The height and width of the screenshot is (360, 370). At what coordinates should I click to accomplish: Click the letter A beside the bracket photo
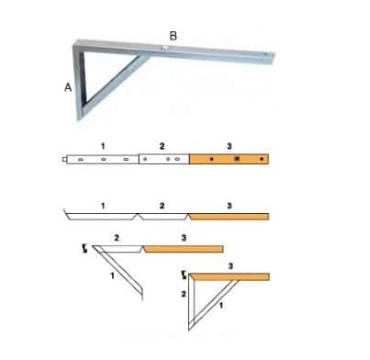68,87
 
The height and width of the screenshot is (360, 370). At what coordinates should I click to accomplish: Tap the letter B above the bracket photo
174,36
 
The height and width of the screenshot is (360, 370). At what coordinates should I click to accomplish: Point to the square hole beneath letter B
165,48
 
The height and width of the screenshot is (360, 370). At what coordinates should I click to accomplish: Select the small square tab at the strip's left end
64,159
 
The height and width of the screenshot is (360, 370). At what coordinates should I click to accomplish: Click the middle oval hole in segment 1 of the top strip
104,159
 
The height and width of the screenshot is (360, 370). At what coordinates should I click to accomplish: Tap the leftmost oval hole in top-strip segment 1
81,159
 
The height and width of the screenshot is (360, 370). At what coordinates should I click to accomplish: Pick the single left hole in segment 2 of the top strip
145,159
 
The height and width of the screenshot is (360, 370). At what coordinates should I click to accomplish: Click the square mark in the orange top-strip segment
236,159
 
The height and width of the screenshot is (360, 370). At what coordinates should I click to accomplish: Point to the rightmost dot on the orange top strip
262,159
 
